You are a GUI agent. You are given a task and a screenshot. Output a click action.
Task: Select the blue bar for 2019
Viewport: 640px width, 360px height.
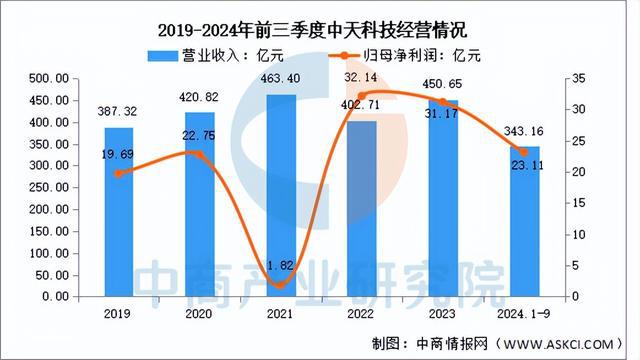pos(119,212)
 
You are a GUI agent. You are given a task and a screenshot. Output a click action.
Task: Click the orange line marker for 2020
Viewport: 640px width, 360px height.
pos(200,154)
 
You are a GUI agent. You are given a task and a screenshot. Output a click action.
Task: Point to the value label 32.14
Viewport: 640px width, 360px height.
pos(362,76)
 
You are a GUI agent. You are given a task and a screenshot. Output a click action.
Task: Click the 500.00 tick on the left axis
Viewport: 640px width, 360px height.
pos(47,78)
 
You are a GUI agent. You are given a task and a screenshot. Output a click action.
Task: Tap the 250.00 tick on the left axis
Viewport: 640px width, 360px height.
pos(47,187)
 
